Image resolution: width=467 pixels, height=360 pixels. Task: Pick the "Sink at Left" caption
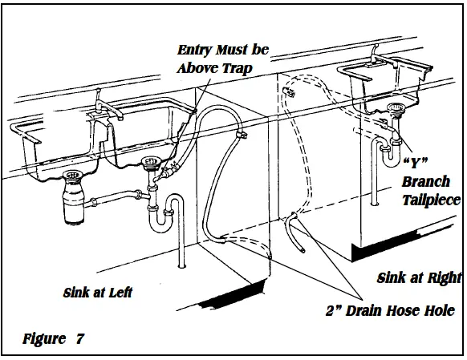coord(98,293)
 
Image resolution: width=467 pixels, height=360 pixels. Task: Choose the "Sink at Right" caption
coord(419,278)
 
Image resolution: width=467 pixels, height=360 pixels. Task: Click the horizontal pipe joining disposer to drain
coord(117,197)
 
